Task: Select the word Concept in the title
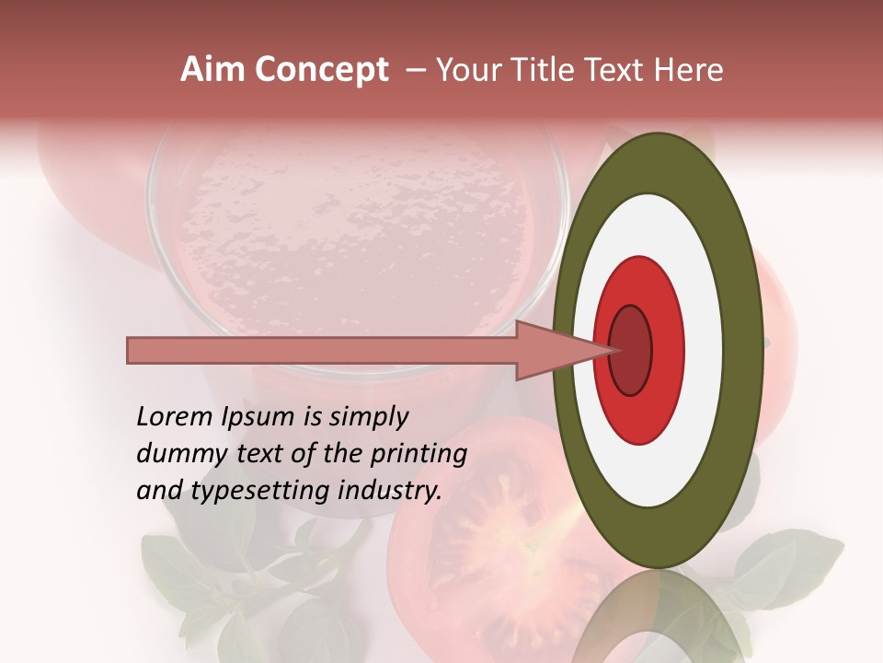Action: click(x=321, y=70)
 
